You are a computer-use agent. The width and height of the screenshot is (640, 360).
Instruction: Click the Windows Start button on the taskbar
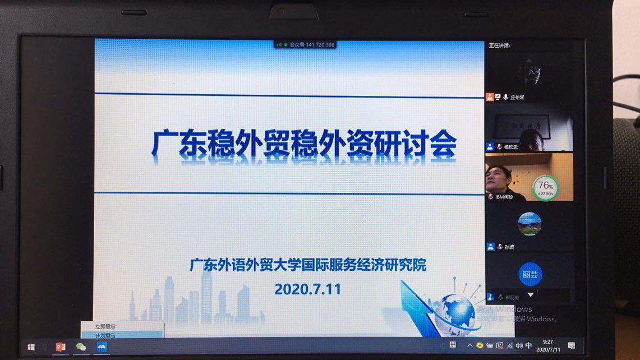pyautogui.click(x=31, y=347)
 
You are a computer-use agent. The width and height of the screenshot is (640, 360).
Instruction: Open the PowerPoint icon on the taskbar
pyautogui.click(x=61, y=347)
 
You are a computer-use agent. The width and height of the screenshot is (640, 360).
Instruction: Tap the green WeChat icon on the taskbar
pyautogui.click(x=81, y=347)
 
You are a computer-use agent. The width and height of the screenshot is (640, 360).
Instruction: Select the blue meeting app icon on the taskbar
pyautogui.click(x=102, y=347)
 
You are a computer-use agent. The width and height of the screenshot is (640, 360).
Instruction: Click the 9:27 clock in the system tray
pyautogui.click(x=548, y=341)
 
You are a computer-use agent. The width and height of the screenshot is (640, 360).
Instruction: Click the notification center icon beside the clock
pyautogui.click(x=571, y=345)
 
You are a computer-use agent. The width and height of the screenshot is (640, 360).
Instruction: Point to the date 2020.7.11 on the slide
pyautogui.click(x=307, y=289)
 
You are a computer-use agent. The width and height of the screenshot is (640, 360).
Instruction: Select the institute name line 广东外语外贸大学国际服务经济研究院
pyautogui.click(x=307, y=265)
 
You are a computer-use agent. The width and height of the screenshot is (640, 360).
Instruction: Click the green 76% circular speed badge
pyautogui.click(x=545, y=187)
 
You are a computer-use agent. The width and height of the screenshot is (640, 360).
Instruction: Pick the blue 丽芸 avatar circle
pyautogui.click(x=530, y=274)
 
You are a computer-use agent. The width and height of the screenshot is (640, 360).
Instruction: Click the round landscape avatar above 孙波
pyautogui.click(x=530, y=224)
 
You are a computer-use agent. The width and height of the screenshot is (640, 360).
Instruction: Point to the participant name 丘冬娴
pyautogui.click(x=517, y=98)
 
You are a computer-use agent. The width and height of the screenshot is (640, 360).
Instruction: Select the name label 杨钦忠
pyautogui.click(x=511, y=147)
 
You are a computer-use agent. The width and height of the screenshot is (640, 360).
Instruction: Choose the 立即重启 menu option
pyautogui.click(x=105, y=326)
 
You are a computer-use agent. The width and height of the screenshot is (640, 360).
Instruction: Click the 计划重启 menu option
pyautogui.click(x=105, y=335)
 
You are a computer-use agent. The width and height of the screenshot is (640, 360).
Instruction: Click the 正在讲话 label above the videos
pyautogui.click(x=499, y=45)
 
